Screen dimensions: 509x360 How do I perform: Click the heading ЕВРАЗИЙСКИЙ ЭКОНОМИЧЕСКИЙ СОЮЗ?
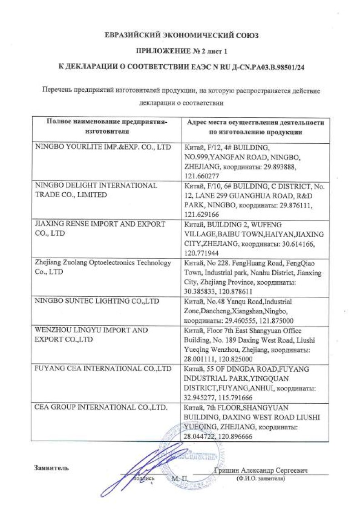pyautogui.click(x=180, y=35)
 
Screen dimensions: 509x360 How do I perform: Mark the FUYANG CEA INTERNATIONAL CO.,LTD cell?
pyautogui.click(x=103, y=369)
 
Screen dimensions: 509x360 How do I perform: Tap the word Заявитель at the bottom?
pyautogui.click(x=51, y=468)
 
